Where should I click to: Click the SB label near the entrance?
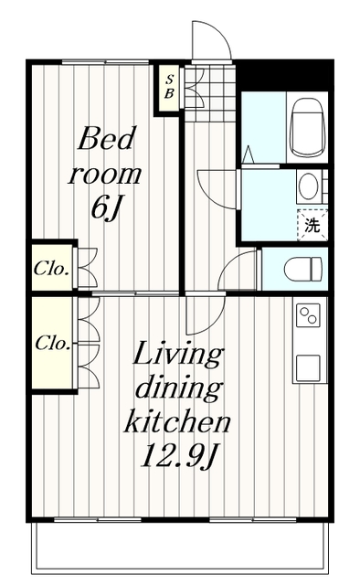pyautogui.click(x=169, y=87)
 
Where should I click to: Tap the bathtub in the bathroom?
pyautogui.click(x=306, y=127)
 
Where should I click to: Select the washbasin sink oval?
pyautogui.click(x=309, y=186)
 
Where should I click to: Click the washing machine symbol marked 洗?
pyautogui.click(x=312, y=226)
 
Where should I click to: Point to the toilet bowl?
pyautogui.click(x=302, y=269)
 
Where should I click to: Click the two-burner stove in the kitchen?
pyautogui.click(x=308, y=315)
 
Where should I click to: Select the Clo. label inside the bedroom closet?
pyautogui.click(x=51, y=269)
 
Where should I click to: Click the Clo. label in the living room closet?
pyautogui.click(x=53, y=343)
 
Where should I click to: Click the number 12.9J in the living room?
pyautogui.click(x=177, y=455)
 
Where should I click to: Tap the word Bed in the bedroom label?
pyautogui.click(x=106, y=138)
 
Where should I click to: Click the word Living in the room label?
pyautogui.click(x=178, y=356)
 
